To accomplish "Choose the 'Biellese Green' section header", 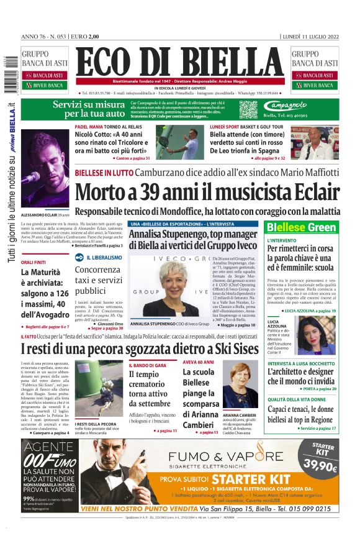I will click(301, 227).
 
